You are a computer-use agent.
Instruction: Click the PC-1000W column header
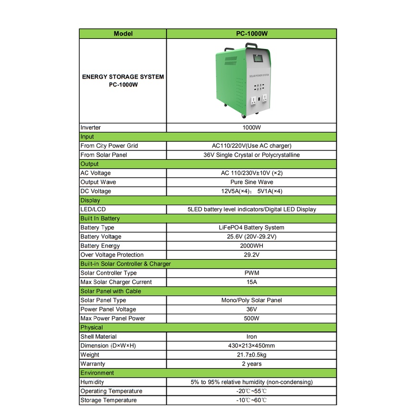click(251, 34)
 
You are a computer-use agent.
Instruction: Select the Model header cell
click(123, 34)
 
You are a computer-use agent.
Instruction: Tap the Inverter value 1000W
click(251, 128)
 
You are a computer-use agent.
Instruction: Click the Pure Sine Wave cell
click(251, 182)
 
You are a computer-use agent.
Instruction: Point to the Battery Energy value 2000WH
click(251, 246)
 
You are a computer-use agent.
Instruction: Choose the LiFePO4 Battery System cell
click(251, 228)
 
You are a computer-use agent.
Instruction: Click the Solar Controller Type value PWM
click(251, 273)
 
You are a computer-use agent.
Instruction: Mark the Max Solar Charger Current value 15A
click(251, 282)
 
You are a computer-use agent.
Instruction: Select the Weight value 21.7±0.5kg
click(251, 355)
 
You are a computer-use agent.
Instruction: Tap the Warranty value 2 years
click(251, 364)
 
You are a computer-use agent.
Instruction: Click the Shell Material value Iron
click(251, 337)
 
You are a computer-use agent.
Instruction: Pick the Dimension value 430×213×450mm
click(251, 345)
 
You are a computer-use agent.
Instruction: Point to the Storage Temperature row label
click(109, 400)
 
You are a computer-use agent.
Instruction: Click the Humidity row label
click(92, 382)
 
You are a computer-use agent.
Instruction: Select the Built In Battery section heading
click(100, 219)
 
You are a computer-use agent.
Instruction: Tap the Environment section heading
click(98, 373)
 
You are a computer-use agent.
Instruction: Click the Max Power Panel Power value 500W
click(251, 319)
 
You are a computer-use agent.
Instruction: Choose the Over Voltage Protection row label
click(112, 255)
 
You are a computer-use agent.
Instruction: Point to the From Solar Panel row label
click(104, 155)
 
